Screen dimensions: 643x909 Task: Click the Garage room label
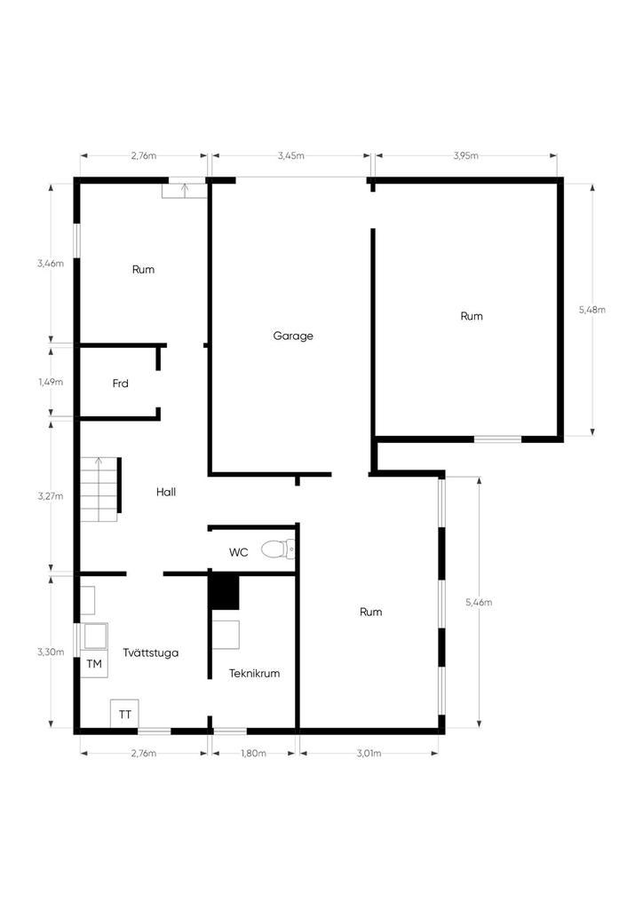[x=293, y=336]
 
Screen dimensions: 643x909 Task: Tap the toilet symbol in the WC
[x=278, y=549]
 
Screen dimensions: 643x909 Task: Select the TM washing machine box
[x=94, y=664]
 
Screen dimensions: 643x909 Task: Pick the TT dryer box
[x=124, y=715]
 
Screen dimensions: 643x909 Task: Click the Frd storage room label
[x=120, y=383]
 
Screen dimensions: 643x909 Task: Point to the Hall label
[x=166, y=492]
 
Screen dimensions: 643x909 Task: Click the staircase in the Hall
[x=99, y=489]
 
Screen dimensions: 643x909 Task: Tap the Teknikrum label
[x=254, y=673]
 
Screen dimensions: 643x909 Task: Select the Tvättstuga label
[x=151, y=652]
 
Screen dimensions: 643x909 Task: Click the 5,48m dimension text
[x=592, y=310]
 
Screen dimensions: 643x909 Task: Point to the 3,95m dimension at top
[x=465, y=155]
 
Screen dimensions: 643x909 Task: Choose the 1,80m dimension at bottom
[x=253, y=753]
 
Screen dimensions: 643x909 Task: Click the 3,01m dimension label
[x=369, y=753]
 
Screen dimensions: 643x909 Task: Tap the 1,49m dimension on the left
[x=51, y=382]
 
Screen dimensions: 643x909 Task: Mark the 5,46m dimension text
[x=479, y=603]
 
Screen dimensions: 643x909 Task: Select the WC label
[x=238, y=552]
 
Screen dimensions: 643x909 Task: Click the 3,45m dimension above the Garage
[x=291, y=155]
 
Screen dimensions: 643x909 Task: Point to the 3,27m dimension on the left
[x=51, y=495]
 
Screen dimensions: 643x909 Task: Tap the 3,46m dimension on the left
[x=51, y=263]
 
